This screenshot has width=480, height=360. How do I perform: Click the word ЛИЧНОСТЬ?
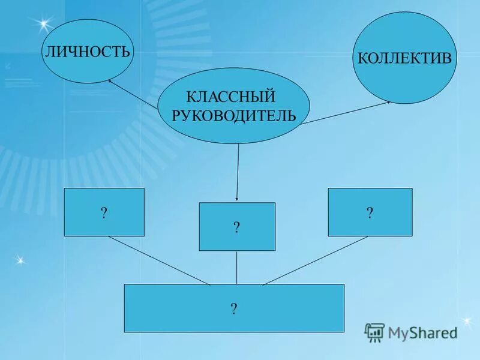point(88,51)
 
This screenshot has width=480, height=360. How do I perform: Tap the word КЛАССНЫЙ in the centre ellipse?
point(230,96)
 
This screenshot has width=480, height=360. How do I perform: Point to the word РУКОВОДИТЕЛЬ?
point(234,115)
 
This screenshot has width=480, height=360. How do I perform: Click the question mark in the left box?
point(104,213)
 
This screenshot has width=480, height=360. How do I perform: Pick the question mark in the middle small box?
point(237,227)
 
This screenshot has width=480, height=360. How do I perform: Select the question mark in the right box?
point(370,212)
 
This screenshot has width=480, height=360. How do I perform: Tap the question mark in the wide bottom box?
point(234,308)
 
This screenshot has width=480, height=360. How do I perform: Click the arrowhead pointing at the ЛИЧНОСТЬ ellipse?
point(110,81)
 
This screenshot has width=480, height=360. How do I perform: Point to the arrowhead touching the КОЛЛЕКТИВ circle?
point(388,102)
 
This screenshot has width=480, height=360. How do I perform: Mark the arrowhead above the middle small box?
point(237,199)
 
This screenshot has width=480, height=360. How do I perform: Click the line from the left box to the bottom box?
point(159,260)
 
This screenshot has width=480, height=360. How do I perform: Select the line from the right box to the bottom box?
point(315,260)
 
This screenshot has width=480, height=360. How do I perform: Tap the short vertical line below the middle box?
point(237,267)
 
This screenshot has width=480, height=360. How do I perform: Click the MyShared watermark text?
point(422,332)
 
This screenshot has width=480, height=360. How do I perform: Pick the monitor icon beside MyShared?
point(374,332)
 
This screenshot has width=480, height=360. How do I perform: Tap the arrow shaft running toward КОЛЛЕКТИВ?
point(345,113)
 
